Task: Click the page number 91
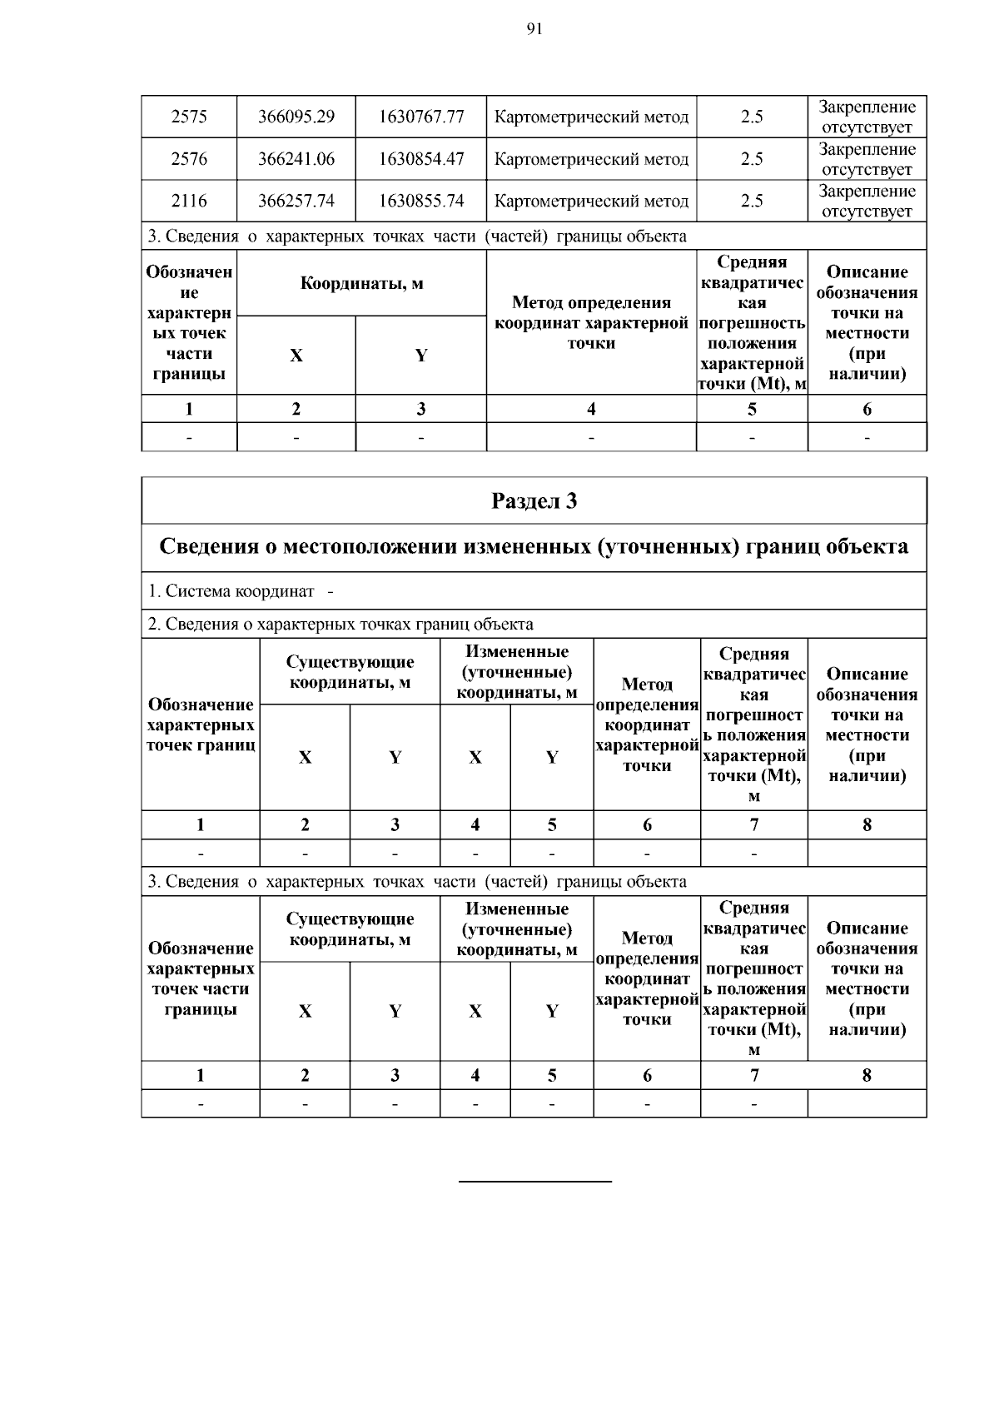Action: [x=534, y=30]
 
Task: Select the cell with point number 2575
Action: [x=189, y=117]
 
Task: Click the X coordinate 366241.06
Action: [x=296, y=159]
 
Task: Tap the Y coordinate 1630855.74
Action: [x=420, y=201]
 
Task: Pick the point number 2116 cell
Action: [x=189, y=201]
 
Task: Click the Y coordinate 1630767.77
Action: [x=420, y=117]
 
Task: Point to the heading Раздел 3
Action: [x=534, y=500]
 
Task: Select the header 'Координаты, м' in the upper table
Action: [x=361, y=284]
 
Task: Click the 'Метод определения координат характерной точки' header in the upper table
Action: [x=591, y=323]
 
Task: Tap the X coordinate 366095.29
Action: [x=296, y=117]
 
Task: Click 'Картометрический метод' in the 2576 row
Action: [x=591, y=159]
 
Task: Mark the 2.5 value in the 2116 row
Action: [x=752, y=201]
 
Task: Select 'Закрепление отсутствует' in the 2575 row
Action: [x=867, y=117]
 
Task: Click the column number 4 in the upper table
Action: [x=591, y=409]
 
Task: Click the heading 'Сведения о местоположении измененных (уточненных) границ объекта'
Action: [x=534, y=547]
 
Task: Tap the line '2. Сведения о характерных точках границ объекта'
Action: [x=341, y=624]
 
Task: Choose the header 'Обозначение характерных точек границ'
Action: [x=201, y=724]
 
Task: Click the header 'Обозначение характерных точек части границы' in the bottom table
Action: [x=201, y=978]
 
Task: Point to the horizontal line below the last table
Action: [x=535, y=1181]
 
